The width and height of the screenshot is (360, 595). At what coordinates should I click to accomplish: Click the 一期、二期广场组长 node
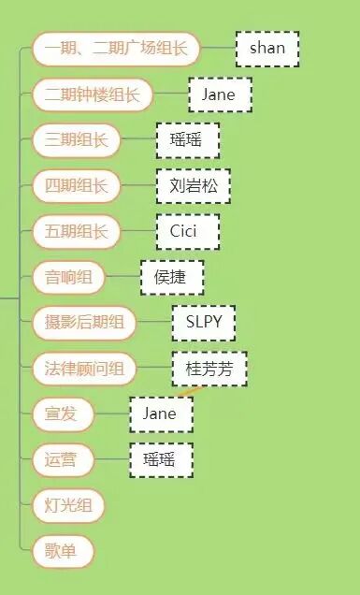(x=116, y=49)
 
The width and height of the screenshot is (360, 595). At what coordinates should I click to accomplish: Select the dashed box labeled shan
(x=267, y=49)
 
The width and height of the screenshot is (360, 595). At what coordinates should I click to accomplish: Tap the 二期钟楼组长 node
(x=93, y=94)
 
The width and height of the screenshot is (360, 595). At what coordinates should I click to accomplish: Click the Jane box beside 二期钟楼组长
(x=219, y=94)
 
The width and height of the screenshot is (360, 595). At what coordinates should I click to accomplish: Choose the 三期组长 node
(x=76, y=140)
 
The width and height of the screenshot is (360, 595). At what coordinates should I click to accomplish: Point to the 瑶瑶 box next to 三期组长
(x=187, y=140)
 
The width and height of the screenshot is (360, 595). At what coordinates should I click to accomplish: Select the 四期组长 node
(x=76, y=185)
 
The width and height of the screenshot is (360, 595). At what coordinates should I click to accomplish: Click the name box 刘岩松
(x=193, y=185)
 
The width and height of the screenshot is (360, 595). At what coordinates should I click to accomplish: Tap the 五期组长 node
(x=76, y=231)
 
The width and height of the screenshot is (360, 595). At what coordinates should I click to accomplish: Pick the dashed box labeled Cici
(x=187, y=231)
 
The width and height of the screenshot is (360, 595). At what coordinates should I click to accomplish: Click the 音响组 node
(x=68, y=277)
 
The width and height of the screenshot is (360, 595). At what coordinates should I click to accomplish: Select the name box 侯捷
(x=171, y=277)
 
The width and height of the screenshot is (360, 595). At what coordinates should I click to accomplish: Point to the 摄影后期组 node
(x=84, y=323)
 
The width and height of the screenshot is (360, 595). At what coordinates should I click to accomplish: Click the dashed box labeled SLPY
(x=203, y=323)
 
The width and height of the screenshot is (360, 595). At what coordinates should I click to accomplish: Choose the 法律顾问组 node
(x=84, y=369)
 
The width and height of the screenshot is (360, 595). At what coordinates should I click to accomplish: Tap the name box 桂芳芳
(x=209, y=369)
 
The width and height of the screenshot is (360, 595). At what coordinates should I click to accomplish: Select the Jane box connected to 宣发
(x=161, y=414)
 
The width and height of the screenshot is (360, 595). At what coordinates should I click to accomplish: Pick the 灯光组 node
(x=68, y=505)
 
